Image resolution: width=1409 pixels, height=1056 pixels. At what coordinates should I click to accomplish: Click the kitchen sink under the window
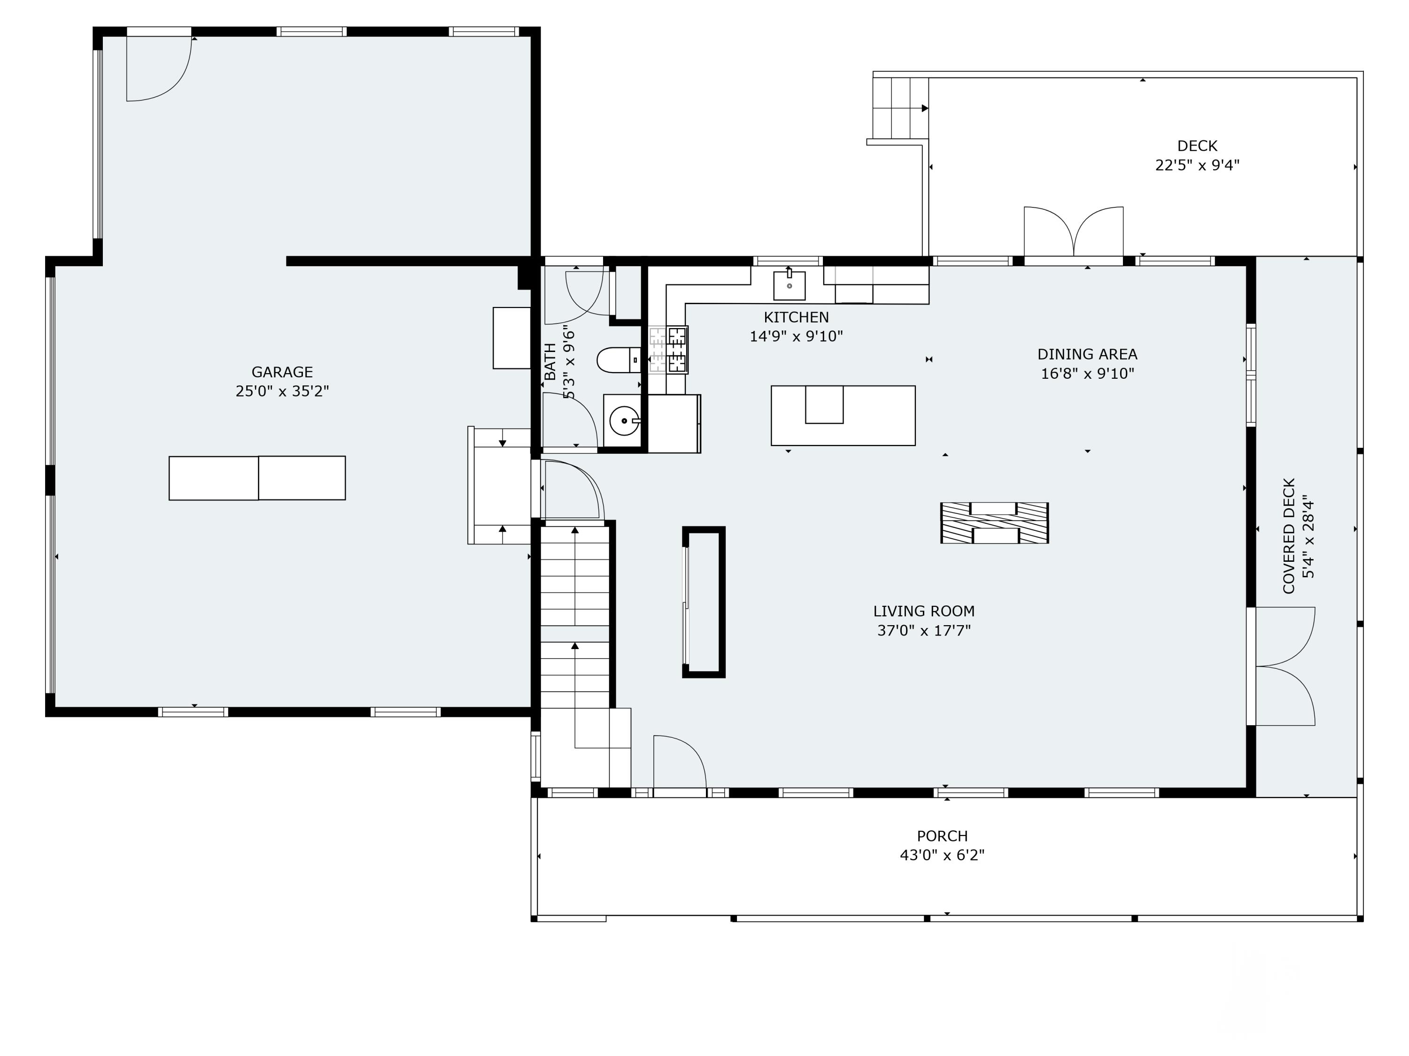coord(789,285)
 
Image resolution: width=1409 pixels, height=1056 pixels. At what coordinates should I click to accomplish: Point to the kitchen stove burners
coord(677,350)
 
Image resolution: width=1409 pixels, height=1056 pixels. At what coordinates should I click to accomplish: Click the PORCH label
coord(942,836)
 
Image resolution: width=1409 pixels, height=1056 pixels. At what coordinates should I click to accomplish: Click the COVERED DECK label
coord(1289,536)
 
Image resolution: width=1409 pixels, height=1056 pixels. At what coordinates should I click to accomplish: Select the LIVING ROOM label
coord(924,611)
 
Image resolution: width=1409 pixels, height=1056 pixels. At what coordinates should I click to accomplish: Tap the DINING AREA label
coord(1087,354)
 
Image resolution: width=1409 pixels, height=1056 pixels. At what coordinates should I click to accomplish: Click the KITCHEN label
coord(796,317)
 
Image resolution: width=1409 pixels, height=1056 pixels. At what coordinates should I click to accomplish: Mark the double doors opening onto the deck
coord(1073,232)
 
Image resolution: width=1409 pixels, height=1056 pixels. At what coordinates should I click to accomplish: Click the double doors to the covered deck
coord(1281,666)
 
